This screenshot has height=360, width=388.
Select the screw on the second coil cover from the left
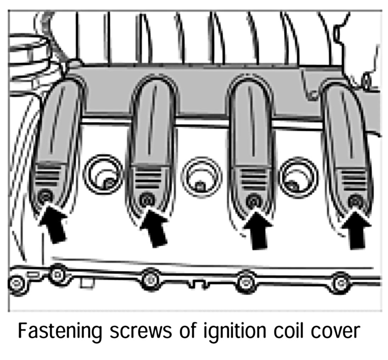(x=146, y=200)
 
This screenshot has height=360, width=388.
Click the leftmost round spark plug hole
(x=103, y=174)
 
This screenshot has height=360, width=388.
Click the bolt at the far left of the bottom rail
(x=16, y=283)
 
